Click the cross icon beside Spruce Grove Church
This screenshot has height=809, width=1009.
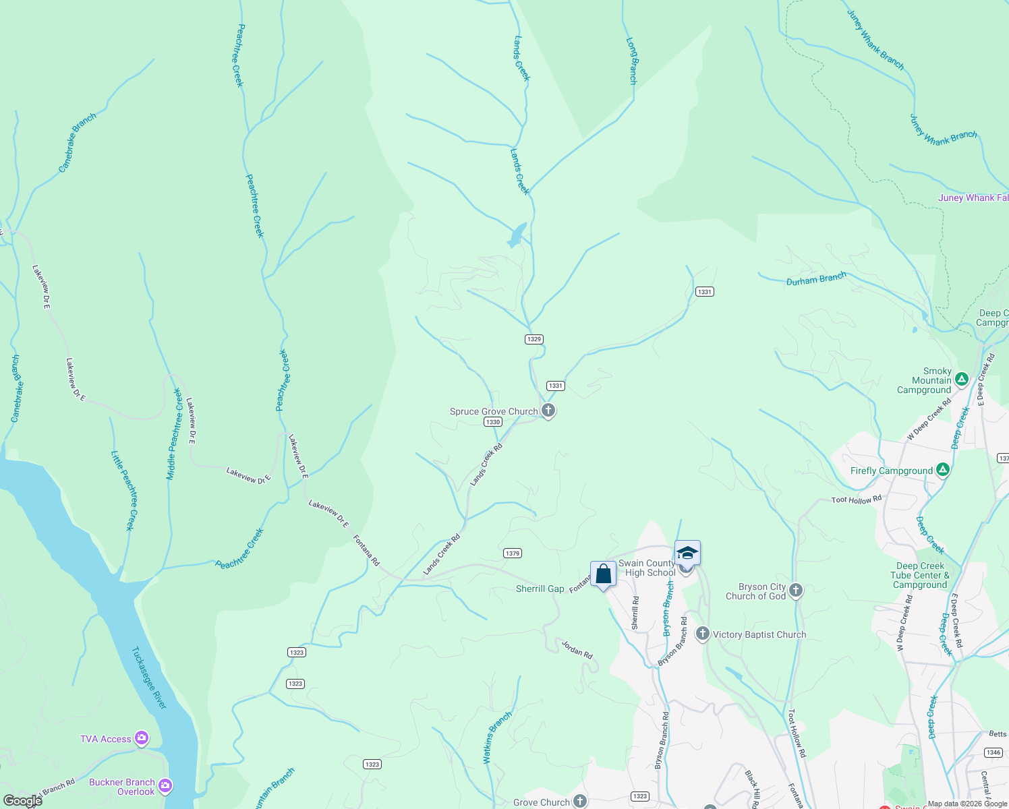pos(548,411)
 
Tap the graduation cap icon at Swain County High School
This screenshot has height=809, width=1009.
pos(687,553)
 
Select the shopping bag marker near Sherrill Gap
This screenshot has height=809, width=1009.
pos(603,575)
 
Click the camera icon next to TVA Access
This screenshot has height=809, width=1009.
pos(142,738)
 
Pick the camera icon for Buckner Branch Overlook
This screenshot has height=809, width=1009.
pos(165,786)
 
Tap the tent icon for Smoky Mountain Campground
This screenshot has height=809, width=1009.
pos(962,380)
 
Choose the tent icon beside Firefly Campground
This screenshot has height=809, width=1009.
pos(943,470)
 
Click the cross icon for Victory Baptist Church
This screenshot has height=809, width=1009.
pos(702,634)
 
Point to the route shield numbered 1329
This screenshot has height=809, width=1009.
pos(534,339)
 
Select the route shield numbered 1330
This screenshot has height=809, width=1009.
pos(493,422)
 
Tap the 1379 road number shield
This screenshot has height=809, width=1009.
pos(512,553)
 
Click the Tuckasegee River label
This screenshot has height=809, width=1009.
pos(149,678)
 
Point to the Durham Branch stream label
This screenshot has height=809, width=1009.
pos(816,279)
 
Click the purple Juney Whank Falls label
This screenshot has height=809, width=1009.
pos(973,198)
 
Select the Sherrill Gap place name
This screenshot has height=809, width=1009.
pos(540,589)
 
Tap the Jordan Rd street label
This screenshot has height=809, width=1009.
pos(577,649)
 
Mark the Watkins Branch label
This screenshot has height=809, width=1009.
pos(497,738)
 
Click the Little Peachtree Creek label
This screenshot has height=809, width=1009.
pos(126,490)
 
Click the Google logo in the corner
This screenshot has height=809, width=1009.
pos(22,800)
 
